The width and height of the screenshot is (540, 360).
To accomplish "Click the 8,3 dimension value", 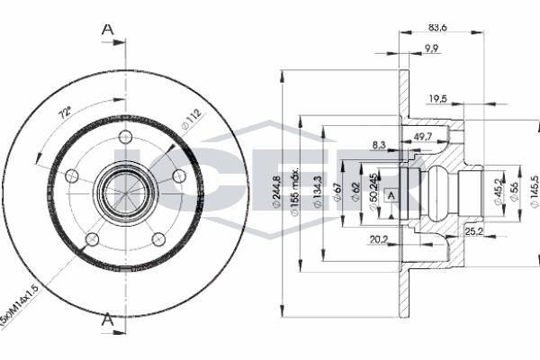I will (x=380, y=144).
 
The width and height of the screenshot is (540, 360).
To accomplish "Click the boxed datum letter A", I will (x=391, y=195).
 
